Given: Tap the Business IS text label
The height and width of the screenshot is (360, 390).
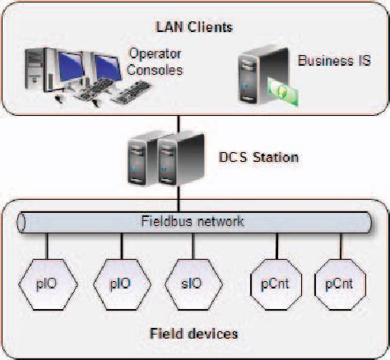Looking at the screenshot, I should [x=334, y=61].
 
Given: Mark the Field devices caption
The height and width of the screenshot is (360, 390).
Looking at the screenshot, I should [x=195, y=334].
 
